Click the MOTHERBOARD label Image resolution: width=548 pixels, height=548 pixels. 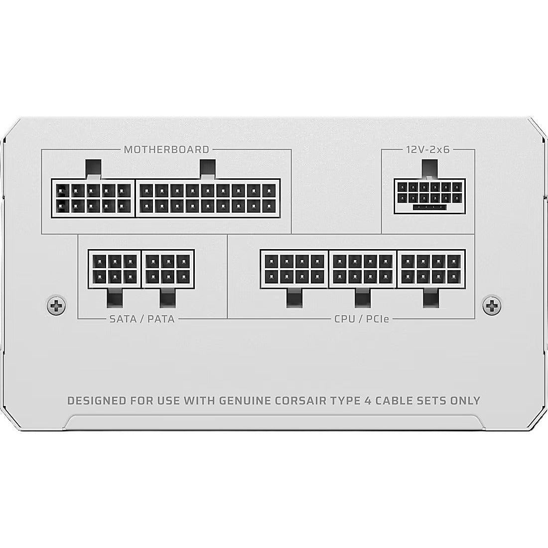[166, 149]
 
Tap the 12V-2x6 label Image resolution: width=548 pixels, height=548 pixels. [428, 149]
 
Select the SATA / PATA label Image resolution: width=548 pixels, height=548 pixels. [142, 319]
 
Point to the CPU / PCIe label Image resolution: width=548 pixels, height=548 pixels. [362, 319]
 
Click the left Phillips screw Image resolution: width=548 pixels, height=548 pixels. [56, 306]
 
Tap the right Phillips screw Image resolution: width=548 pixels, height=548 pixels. [491, 306]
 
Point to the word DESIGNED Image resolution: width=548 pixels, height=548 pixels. [97, 400]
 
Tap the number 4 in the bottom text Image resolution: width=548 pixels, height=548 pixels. [367, 400]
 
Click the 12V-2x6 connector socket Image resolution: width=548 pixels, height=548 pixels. [429, 196]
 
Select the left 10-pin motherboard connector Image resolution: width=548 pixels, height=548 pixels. [93, 198]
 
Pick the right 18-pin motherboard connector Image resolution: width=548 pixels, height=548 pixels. [208, 198]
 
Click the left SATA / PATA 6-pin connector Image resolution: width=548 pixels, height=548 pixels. [115, 269]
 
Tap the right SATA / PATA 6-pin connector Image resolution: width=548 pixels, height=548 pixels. [168, 269]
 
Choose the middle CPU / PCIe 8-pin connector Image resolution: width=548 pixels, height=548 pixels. [363, 269]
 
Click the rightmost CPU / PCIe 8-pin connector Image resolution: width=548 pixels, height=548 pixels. [431, 269]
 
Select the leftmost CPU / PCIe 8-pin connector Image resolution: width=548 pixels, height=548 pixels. [294, 269]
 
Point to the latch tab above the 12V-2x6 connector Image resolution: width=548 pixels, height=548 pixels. [430, 170]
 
